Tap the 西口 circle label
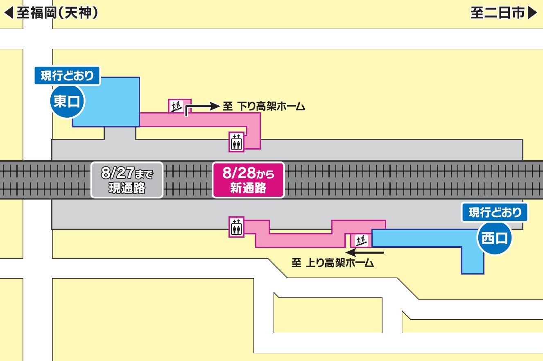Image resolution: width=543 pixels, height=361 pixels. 495,238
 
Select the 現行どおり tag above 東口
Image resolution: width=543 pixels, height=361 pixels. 67,76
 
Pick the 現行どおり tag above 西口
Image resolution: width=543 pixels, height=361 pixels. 495,212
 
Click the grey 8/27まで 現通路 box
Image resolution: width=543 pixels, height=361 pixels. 127,180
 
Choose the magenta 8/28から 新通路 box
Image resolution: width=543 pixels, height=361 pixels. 248,180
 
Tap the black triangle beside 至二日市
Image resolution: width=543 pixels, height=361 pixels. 532,13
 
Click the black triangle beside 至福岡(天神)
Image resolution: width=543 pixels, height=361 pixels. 9,13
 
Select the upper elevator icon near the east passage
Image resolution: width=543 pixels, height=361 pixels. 236,142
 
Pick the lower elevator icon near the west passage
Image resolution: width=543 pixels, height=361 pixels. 236,227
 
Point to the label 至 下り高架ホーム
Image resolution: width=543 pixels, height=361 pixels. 264,107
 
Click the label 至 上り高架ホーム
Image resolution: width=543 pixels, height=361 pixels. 333,263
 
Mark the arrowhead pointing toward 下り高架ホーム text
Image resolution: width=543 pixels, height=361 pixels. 215,107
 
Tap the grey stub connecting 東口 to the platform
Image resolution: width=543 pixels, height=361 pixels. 120,133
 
